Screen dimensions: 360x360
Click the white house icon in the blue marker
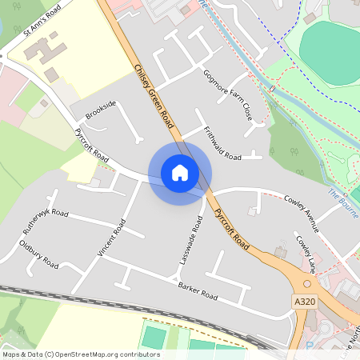[180, 172]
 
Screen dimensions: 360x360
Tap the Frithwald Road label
[222, 143]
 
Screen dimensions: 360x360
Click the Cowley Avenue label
[302, 213]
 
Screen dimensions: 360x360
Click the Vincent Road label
[112, 238]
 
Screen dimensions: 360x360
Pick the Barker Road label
[198, 290]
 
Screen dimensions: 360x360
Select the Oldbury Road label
[38, 253]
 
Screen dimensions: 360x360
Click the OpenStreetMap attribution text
[80, 354]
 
